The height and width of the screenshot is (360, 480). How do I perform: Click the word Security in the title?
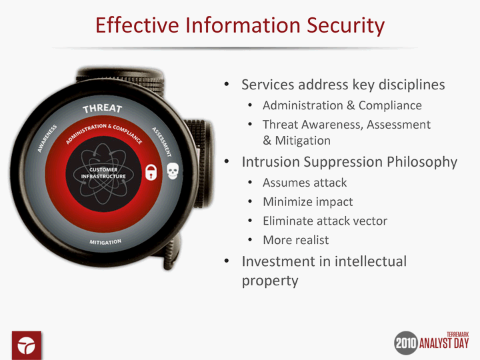click(x=345, y=26)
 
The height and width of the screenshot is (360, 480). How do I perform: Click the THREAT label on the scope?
click(x=103, y=108)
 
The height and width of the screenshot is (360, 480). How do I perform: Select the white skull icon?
click(x=173, y=171)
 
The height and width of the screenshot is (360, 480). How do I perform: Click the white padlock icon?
click(x=151, y=172)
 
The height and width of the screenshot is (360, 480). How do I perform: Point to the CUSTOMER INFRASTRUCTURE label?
click(x=103, y=173)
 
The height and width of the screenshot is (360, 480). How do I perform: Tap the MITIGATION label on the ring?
click(x=105, y=242)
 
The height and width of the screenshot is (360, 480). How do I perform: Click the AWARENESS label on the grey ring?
click(x=47, y=139)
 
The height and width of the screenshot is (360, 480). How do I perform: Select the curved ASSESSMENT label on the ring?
click(x=161, y=142)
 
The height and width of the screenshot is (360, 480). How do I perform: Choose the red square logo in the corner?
click(x=27, y=345)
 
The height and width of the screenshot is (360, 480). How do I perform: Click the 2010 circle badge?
click(x=406, y=343)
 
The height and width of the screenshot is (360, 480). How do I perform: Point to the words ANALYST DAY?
click(x=444, y=343)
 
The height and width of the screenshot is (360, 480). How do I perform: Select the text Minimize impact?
click(x=308, y=202)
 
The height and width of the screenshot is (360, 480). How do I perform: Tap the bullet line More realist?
click(x=296, y=240)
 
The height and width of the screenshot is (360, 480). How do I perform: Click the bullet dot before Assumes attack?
click(x=250, y=183)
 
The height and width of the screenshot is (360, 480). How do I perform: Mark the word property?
click(x=270, y=281)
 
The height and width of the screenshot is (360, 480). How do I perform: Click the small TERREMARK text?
click(x=457, y=335)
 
